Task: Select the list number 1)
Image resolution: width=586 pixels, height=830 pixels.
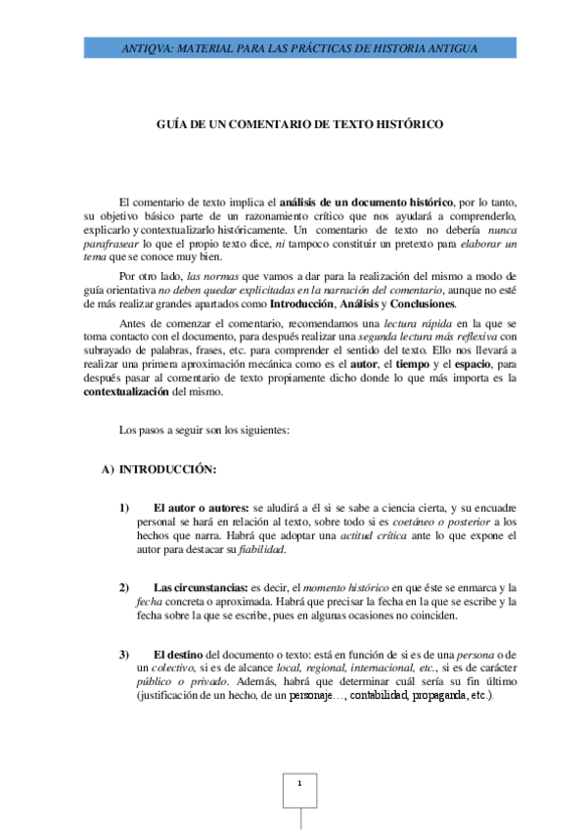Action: point(124,508)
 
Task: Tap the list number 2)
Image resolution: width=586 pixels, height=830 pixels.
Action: point(124,586)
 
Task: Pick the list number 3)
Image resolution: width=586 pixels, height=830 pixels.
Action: point(124,653)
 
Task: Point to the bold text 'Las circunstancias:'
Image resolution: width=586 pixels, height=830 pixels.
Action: point(203,586)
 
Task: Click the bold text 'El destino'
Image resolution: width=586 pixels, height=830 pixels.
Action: point(183,653)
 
